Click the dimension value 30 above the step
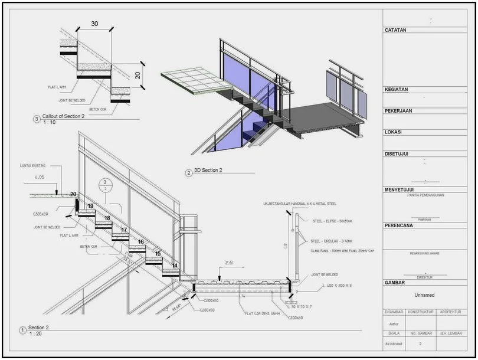pyautogui.click(x=94, y=24)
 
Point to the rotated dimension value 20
pyautogui.click(x=137, y=75)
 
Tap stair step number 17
pyautogui.click(x=125, y=230)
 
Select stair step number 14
pyautogui.click(x=175, y=266)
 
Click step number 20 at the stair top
pyautogui.click(x=73, y=194)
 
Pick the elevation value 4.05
pyautogui.click(x=40, y=177)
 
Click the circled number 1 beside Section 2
pyautogui.click(x=22, y=330)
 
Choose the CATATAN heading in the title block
pyautogui.click(x=395, y=30)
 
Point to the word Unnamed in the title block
pyautogui.click(x=424, y=295)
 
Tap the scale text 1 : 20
pyautogui.click(x=35, y=334)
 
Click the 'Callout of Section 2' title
pyautogui.click(x=63, y=116)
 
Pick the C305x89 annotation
pyautogui.click(x=42, y=214)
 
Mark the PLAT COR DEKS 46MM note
pyautogui.click(x=261, y=313)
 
